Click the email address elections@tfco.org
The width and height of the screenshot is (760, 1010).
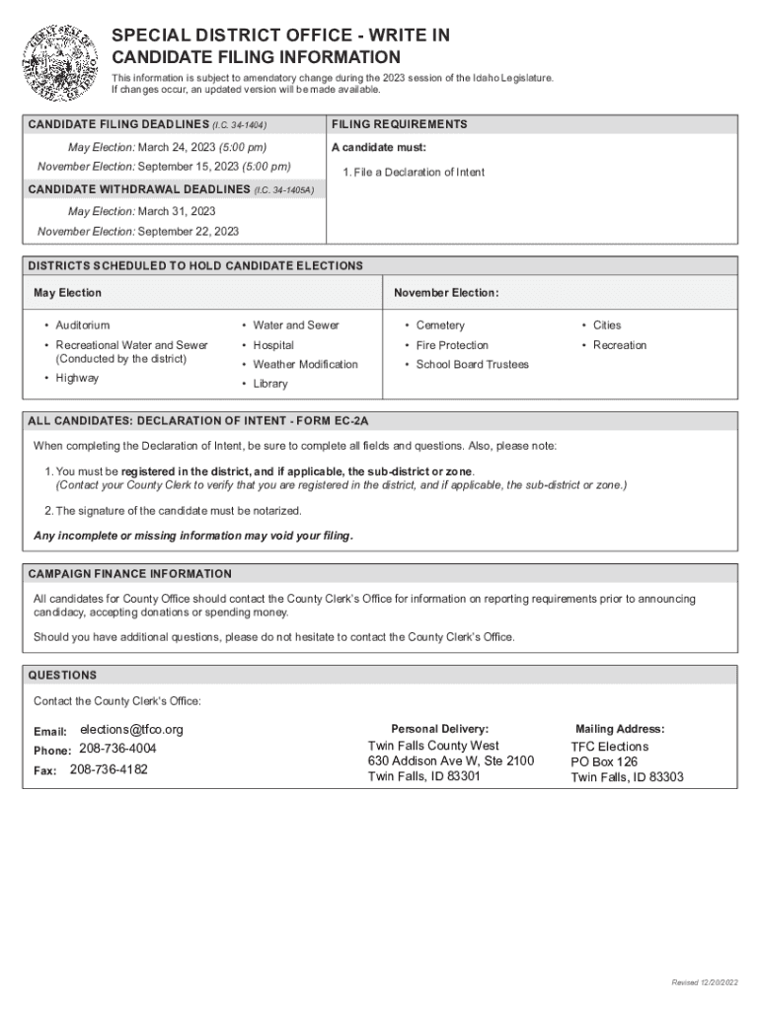pyautogui.click(x=131, y=730)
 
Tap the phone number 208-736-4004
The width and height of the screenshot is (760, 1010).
pyautogui.click(x=117, y=749)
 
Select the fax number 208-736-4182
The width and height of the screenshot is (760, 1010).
pyautogui.click(x=109, y=769)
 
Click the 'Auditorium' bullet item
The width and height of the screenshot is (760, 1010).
pyautogui.click(x=83, y=325)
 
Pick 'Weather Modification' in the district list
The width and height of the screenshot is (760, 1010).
pyautogui.click(x=305, y=365)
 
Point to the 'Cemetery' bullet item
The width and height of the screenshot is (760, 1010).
pyautogui.click(x=440, y=325)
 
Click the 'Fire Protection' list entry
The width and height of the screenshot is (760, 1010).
pyautogui.click(x=452, y=345)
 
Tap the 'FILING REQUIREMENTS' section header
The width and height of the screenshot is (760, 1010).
pyautogui.click(x=400, y=124)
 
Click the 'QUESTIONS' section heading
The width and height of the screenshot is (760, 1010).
pyautogui.click(x=63, y=676)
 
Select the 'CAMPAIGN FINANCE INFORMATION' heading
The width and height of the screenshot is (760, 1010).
pyautogui.click(x=130, y=574)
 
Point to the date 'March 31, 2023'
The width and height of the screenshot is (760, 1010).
pyautogui.click(x=177, y=211)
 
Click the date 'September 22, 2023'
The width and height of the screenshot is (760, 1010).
pyautogui.click(x=189, y=232)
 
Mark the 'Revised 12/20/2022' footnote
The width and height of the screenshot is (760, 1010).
pyautogui.click(x=703, y=983)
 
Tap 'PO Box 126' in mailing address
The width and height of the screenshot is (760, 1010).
pyautogui.click(x=604, y=761)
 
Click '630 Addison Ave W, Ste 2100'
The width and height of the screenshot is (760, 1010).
pyautogui.click(x=451, y=760)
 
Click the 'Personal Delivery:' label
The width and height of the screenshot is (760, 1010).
pyautogui.click(x=439, y=728)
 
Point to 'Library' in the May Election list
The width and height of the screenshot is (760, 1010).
pyautogui.click(x=270, y=384)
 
